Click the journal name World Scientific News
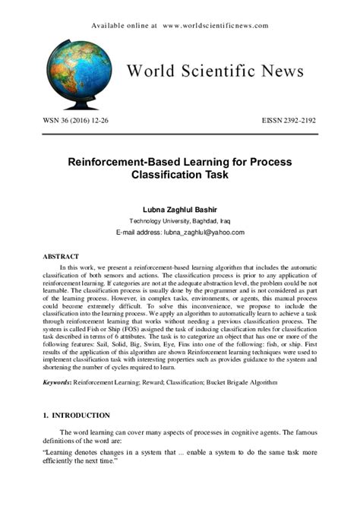pos(215,71)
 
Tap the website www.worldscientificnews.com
pos(216,25)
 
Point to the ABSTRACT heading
pos(61,257)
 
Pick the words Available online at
pos(124,25)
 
